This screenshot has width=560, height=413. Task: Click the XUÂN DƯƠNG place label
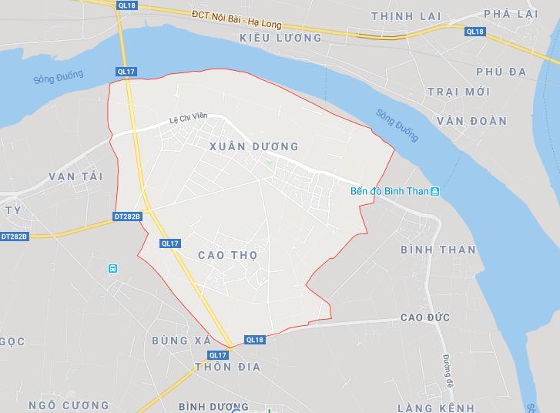253,146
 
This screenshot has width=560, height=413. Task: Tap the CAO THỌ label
227,254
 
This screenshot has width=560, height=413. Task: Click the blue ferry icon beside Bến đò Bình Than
435,191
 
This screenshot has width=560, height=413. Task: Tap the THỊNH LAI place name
401,16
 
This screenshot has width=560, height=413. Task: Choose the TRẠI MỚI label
459,92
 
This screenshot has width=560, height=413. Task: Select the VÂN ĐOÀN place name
471,121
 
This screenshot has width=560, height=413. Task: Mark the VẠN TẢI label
75,176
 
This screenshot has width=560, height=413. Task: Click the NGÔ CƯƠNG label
69,405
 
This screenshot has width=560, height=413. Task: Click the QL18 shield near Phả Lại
475,31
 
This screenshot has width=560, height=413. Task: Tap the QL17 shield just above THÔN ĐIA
218,354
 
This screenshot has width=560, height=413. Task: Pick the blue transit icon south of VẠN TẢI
113,268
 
